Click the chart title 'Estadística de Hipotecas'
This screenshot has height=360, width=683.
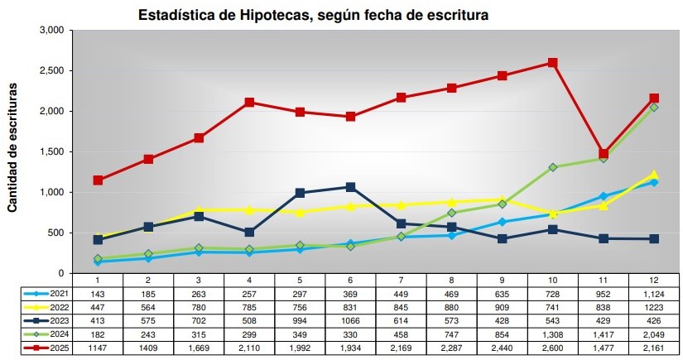[x=313, y=14]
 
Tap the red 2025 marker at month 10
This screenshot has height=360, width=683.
[x=552, y=63]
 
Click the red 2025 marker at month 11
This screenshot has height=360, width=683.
[x=604, y=154]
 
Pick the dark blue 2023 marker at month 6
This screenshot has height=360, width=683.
[x=350, y=187]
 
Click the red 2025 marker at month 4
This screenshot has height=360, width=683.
[x=249, y=103]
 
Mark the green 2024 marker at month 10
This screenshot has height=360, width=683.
[x=552, y=167]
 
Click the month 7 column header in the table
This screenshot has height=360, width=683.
[x=402, y=280]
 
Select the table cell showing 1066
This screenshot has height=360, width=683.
[x=350, y=321]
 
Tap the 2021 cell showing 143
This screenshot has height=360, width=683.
[x=98, y=293]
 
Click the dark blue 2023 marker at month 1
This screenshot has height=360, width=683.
[x=98, y=240]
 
